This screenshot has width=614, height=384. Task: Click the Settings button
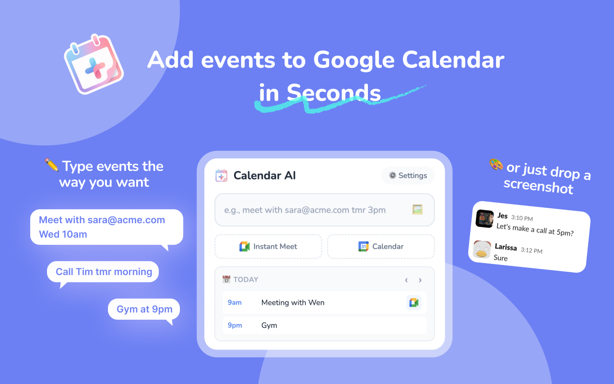pos(408,176)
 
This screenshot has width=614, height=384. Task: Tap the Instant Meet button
pos(268,247)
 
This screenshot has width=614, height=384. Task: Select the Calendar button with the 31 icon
pos(381,247)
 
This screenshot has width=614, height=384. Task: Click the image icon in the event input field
pos(417,210)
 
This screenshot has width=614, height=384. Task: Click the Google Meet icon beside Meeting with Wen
pos(413,302)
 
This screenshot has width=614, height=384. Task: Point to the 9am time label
pos(235,302)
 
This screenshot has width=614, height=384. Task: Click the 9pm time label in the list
pos(235,325)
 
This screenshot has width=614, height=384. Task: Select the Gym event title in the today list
pos(269,325)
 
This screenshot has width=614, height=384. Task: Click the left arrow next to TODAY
pos(406,280)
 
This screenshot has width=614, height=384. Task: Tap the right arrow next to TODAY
pos(420,280)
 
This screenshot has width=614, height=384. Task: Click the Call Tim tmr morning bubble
pos(103,272)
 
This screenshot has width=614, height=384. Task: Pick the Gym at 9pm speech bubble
pos(144,309)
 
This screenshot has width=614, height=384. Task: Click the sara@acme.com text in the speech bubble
pos(126,220)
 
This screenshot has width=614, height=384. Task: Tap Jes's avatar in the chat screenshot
pos(485,219)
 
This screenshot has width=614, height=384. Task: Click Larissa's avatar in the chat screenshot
pos(482,250)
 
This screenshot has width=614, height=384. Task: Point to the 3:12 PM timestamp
pos(531,250)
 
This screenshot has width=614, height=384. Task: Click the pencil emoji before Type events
pos(51,166)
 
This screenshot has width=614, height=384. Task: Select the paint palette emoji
pos(496,165)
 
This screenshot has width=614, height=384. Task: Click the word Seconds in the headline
pos(334,93)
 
